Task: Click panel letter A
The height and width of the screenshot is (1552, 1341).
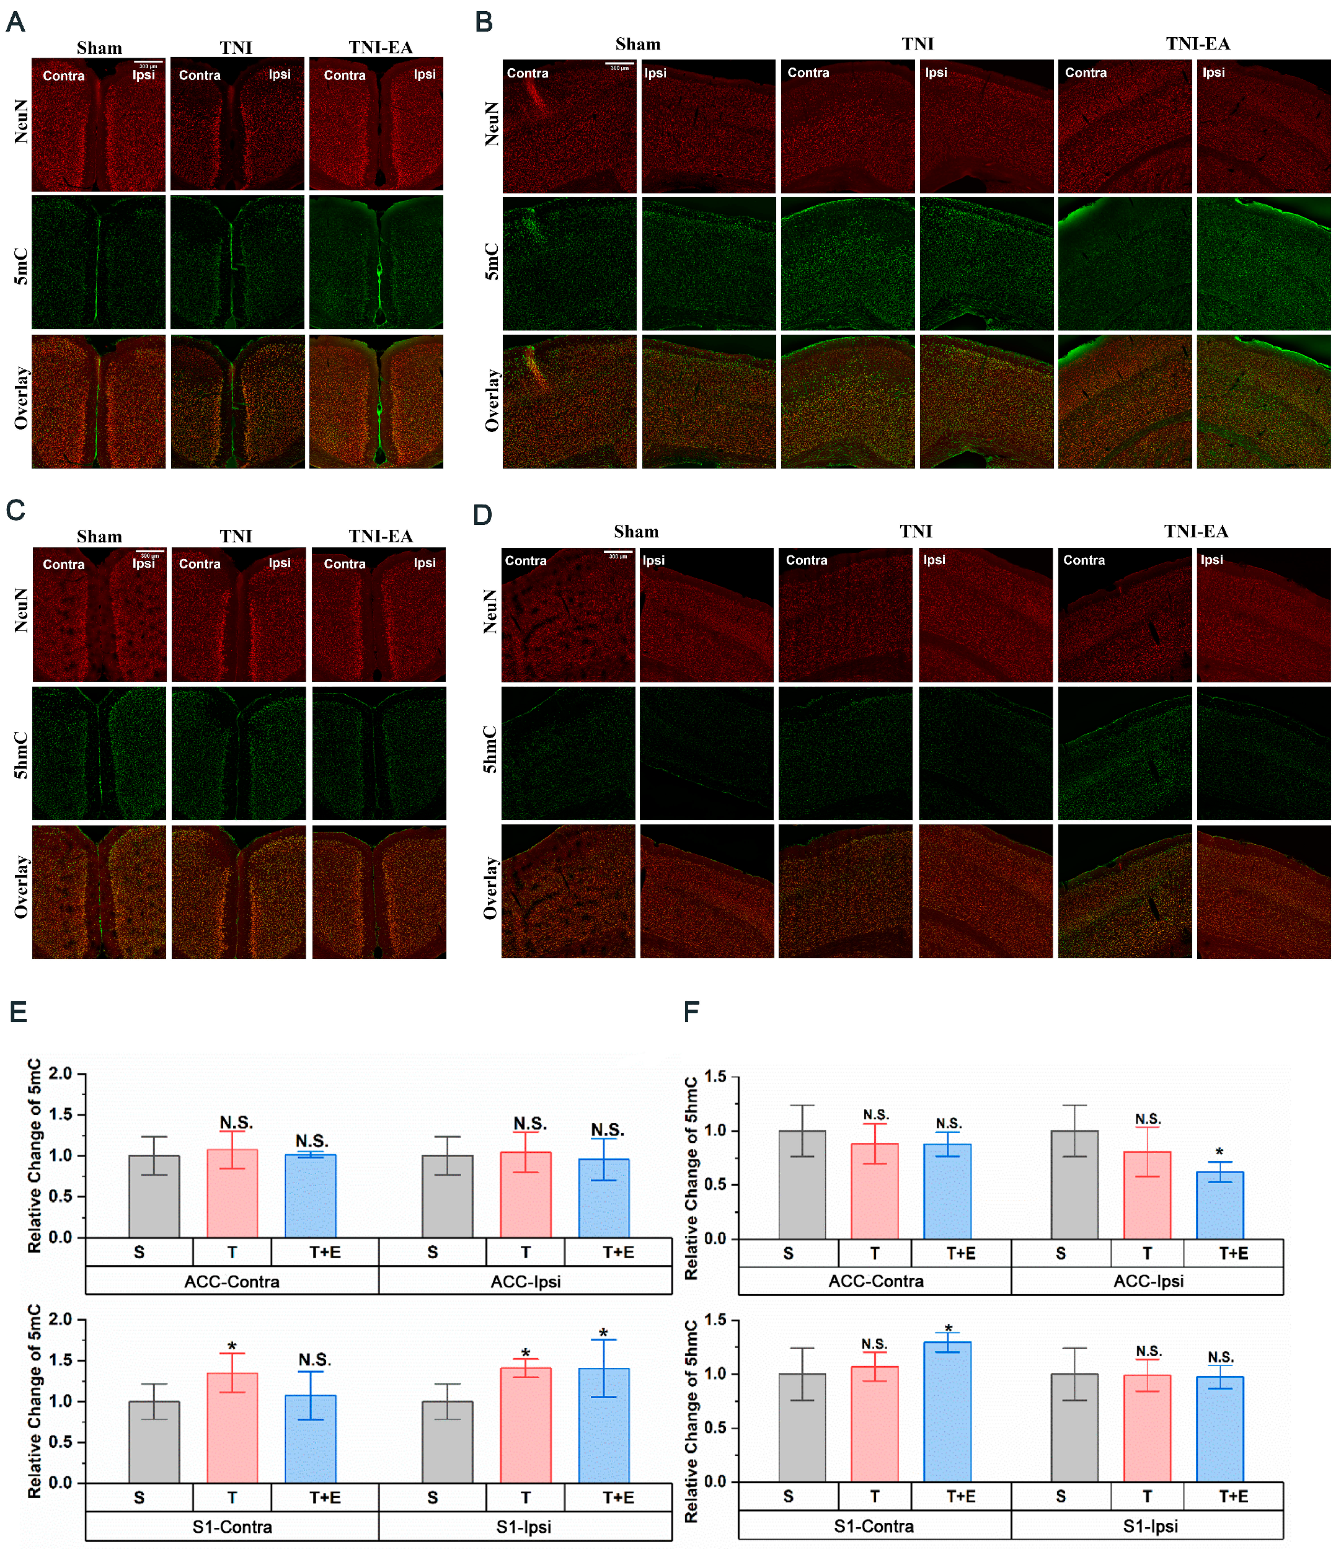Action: tap(15, 22)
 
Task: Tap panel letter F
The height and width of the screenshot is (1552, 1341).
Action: tap(691, 1012)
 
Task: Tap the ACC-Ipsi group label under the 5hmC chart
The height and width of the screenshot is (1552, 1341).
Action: tap(1147, 1281)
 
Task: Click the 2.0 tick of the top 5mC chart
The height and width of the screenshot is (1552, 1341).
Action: tap(60, 1074)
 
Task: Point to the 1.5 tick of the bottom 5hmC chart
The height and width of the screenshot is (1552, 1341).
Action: tap(715, 1320)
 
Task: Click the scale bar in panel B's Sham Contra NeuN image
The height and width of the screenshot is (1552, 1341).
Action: tap(619, 64)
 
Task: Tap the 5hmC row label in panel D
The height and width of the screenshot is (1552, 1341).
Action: tap(489, 749)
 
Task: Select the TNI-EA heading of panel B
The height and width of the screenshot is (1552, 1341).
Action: tap(1197, 43)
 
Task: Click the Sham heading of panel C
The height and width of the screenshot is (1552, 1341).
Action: tap(99, 536)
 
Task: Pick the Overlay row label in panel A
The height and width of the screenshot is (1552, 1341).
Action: tap(21, 398)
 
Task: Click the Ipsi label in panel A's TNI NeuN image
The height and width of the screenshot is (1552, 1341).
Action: tap(280, 74)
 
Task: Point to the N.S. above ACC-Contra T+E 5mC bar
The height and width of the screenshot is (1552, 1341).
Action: tap(311, 1141)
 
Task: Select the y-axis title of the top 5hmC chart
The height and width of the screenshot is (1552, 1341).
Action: tap(691, 1178)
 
